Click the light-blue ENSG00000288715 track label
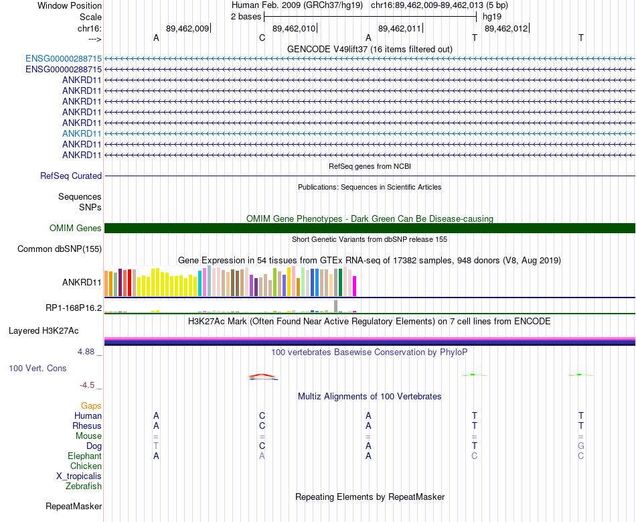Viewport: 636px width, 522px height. pos(64,59)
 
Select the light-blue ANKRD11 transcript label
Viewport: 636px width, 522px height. pos(82,133)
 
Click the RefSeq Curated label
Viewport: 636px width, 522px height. pos(71,176)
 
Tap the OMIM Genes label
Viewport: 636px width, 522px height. pos(76,229)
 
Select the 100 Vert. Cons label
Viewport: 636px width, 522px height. pos(37,369)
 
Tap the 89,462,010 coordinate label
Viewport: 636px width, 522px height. pos(294,29)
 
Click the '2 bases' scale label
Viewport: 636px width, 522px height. pos(246,16)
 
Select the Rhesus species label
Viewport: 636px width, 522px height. pos(87,426)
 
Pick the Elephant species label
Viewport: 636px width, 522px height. pos(84,456)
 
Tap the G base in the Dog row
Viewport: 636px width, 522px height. pos(581,446)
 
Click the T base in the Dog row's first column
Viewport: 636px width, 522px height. pos(156,446)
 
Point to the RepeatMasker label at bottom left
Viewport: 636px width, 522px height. pos(73,507)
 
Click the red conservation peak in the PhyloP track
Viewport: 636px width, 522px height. pos(262,375)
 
